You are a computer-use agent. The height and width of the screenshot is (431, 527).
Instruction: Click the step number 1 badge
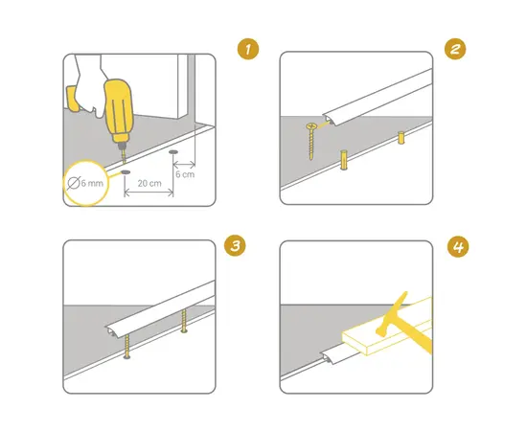coord(249,48)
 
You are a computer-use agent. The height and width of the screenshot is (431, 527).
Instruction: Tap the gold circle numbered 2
coord(458,48)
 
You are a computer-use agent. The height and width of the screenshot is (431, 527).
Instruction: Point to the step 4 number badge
coord(458,246)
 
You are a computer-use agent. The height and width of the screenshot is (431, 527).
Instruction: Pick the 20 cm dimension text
coord(148,183)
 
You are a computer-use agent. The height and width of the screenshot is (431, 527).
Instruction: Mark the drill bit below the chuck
coord(122,156)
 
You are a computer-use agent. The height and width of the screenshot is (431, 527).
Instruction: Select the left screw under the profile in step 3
coord(125,348)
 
